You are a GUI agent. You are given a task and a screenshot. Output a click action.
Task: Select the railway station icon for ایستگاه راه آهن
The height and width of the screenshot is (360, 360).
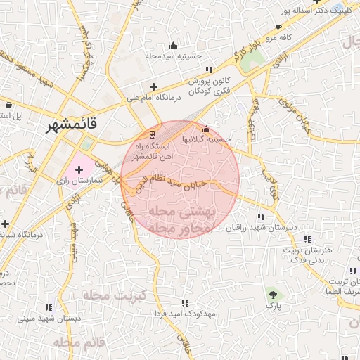153,134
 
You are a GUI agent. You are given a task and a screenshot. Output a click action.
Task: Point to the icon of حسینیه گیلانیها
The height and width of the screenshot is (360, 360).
206,130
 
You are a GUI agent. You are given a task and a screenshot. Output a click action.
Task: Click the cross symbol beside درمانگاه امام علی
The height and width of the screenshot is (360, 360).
153,87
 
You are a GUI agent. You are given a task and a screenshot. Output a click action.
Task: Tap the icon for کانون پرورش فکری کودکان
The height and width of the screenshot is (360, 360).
208,70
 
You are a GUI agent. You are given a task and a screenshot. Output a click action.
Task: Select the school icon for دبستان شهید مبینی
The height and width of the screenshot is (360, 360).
49,307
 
